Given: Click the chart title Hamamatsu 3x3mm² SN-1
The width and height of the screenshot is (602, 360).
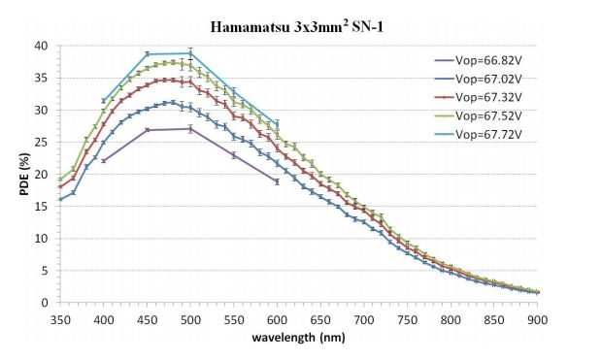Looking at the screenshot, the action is [297, 26].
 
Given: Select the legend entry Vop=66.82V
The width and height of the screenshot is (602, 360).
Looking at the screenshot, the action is [479, 60].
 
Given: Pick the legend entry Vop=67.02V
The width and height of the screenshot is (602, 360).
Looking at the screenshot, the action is [479, 79].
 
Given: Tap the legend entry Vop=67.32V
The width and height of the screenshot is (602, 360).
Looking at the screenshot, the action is [479, 97].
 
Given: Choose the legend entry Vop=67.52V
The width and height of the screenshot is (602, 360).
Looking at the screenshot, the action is [479, 115].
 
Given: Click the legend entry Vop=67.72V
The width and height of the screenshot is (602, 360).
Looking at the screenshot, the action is [479, 134].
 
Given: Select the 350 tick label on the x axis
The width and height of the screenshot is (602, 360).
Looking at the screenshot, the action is [60, 319].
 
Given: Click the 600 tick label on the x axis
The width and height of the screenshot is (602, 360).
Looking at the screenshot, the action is [277, 319].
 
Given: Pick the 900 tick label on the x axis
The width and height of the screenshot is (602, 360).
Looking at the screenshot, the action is [537, 319].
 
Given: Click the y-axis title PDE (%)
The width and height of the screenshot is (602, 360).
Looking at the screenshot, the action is [24, 174].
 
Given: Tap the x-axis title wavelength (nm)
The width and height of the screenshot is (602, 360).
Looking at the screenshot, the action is [298, 338].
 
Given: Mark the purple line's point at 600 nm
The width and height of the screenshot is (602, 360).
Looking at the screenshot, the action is [277, 181].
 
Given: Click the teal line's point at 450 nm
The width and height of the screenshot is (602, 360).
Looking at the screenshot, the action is [147, 54].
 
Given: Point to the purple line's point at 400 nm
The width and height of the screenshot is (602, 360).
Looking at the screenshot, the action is [104, 161].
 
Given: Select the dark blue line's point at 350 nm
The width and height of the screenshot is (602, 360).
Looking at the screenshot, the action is [60, 199].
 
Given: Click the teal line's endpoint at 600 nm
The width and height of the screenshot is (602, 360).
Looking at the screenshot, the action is [277, 123].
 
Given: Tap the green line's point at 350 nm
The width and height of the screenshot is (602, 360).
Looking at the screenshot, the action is [60, 180].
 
